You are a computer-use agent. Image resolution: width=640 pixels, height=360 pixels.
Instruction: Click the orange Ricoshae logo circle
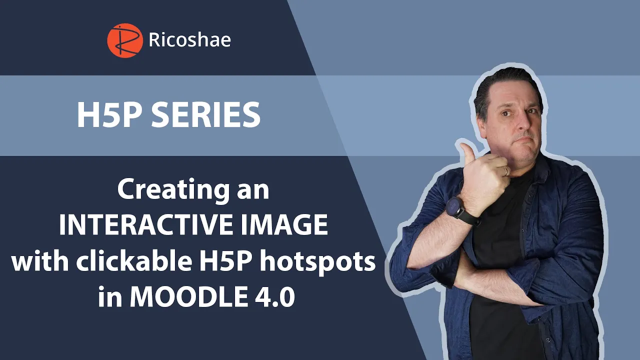[x=125, y=40]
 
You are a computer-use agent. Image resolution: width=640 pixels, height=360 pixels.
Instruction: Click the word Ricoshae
[x=189, y=40]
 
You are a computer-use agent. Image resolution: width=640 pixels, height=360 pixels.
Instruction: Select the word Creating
[x=173, y=190]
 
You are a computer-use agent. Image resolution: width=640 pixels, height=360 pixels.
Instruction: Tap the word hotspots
[x=317, y=262]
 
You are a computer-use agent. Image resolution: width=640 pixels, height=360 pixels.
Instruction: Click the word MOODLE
[x=188, y=296]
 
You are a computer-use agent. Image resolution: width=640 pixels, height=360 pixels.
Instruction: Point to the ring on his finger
[x=505, y=171]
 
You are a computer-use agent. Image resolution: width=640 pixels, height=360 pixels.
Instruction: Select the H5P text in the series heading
[x=109, y=115]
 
